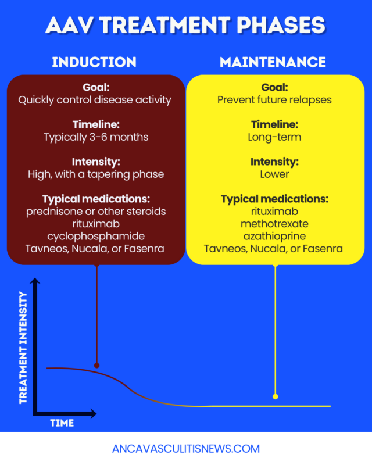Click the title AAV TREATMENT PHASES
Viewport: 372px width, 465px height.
185,25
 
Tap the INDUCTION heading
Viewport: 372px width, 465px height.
94,62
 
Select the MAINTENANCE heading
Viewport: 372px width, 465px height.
273,62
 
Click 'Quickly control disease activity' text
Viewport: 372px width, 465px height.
95,100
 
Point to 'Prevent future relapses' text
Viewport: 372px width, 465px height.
275,100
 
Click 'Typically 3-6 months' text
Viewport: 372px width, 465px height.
95,137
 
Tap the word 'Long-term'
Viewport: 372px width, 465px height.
275,137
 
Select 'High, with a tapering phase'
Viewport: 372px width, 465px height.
96,174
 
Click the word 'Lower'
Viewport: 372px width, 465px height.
275,174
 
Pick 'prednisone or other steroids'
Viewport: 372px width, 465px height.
96,212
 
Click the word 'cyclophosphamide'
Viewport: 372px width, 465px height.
96,237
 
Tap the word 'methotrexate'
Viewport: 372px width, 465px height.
275,224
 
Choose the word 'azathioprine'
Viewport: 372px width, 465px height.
275,237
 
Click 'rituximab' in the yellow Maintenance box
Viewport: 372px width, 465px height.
275,212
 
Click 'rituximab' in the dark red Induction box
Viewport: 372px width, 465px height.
96,224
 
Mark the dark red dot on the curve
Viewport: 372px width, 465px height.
96,366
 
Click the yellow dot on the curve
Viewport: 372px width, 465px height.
275,396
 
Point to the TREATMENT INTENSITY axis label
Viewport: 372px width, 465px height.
23,348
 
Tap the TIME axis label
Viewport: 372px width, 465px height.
62,423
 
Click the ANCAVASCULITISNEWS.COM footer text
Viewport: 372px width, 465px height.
186,449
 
